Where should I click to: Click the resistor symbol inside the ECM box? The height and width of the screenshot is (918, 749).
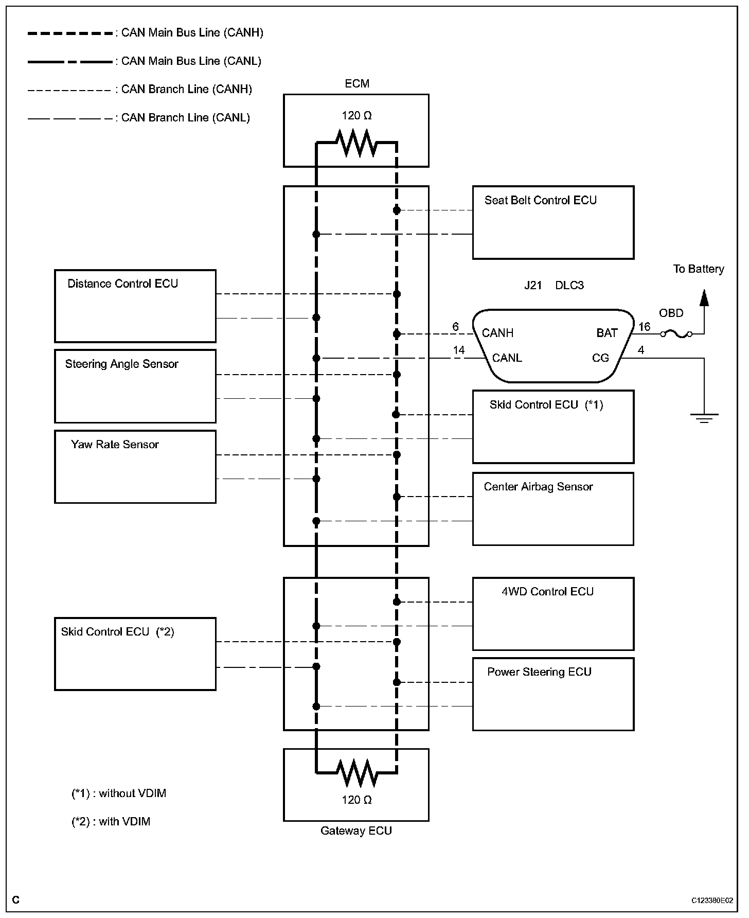[x=356, y=143]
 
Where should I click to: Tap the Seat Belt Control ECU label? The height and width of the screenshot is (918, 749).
[x=540, y=200]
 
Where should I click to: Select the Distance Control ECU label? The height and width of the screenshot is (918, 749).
[x=122, y=284]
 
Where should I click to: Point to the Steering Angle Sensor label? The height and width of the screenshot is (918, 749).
[x=121, y=364]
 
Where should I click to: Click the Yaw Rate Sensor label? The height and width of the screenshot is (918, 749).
[x=115, y=444]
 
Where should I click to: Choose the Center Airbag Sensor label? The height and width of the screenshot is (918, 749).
[x=538, y=486]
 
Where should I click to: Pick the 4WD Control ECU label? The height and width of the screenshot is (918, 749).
[x=547, y=591]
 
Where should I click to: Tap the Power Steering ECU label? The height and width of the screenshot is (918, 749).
[x=539, y=672]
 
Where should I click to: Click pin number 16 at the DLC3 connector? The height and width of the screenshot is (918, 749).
[x=644, y=327]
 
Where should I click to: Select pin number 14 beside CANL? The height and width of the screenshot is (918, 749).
[x=458, y=350]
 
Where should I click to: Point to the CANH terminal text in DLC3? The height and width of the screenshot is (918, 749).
[x=497, y=333]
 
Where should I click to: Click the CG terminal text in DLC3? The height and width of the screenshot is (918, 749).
[x=600, y=358]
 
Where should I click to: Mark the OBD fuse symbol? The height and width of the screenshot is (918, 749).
[x=676, y=334]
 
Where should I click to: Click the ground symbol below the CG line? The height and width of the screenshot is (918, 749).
[x=704, y=417]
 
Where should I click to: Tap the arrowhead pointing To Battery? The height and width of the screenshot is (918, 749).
[x=704, y=298]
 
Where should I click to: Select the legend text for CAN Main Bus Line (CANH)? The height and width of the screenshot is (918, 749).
[x=192, y=33]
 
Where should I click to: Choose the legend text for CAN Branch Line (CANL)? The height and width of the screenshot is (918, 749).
[x=185, y=117]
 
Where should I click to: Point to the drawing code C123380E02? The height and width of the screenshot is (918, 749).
[x=712, y=901]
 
